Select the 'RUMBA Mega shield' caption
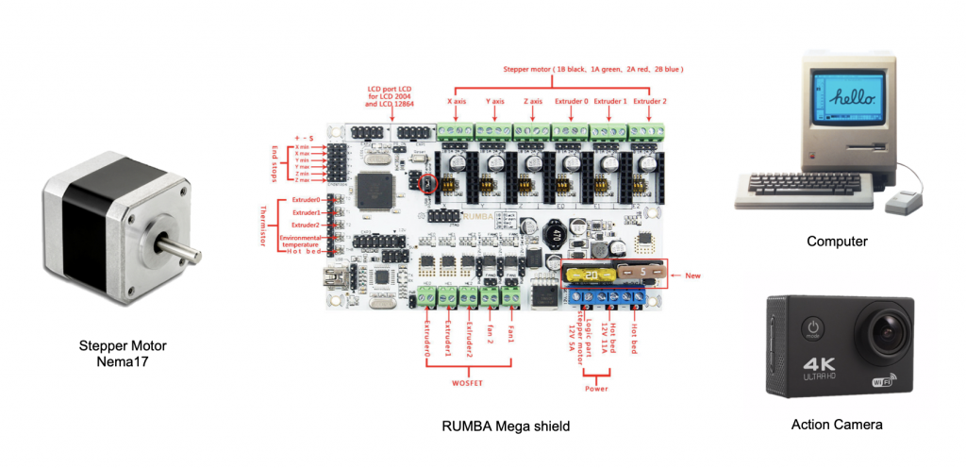pyautogui.click(x=506, y=426)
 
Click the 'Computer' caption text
pyautogui.click(x=837, y=242)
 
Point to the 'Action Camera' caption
pyautogui.click(x=837, y=425)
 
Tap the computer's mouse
pyautogui.click(x=904, y=199)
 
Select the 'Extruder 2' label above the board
pyautogui.click(x=651, y=101)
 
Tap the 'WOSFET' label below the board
pyautogui.click(x=469, y=382)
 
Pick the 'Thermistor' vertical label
pyautogui.click(x=264, y=226)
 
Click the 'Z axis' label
pyautogui.click(x=533, y=101)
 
